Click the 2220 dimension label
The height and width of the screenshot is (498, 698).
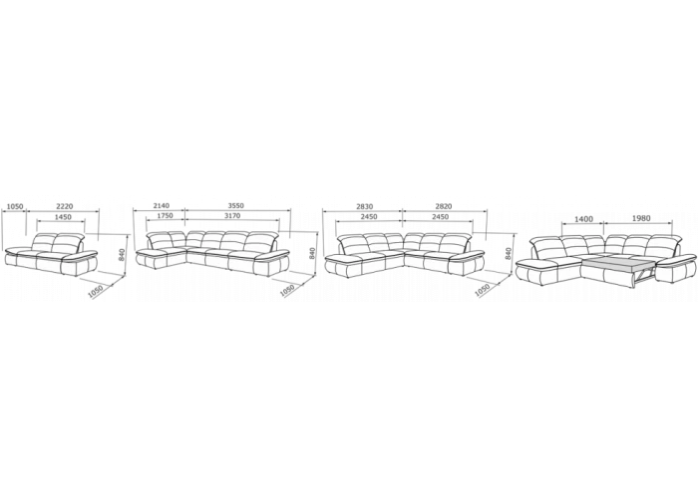pyautogui.click(x=65, y=206)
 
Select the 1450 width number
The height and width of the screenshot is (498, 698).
pyautogui.click(x=63, y=217)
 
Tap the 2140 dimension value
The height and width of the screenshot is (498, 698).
pyautogui.click(x=162, y=206)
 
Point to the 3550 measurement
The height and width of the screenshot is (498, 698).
pyautogui.click(x=236, y=206)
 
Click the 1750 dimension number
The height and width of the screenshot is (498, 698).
pyautogui.click(x=165, y=216)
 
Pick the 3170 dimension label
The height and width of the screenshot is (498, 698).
pyautogui.click(x=232, y=216)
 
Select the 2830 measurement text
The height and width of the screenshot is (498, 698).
pyautogui.click(x=364, y=206)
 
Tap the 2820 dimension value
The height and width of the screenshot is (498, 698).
pyautogui.click(x=444, y=206)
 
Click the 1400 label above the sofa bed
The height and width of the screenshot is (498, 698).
pyautogui.click(x=584, y=219)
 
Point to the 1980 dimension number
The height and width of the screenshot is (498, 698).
pyautogui.click(x=640, y=218)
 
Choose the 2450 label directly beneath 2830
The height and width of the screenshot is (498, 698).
pyautogui.click(x=369, y=217)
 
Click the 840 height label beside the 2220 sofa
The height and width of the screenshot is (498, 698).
pyautogui.click(x=123, y=254)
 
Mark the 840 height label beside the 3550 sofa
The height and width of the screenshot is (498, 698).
pyautogui.click(x=312, y=253)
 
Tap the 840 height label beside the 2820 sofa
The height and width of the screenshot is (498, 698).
pyautogui.click(x=509, y=253)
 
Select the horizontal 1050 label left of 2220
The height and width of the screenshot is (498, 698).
pyautogui.click(x=15, y=206)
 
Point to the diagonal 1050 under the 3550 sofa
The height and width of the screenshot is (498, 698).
pyautogui.click(x=287, y=290)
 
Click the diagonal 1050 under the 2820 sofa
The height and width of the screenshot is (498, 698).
pyautogui.click(x=484, y=290)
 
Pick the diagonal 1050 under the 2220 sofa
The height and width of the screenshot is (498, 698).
pyautogui.click(x=96, y=291)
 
